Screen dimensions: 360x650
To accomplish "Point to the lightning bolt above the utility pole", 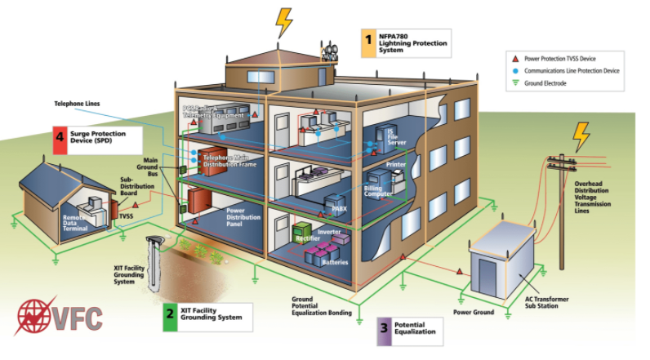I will click(581, 136).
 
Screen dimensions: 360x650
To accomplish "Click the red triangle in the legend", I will click(514, 59).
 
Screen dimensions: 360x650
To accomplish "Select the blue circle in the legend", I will click(514, 71).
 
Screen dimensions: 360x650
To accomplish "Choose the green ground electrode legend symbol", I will click(514, 83).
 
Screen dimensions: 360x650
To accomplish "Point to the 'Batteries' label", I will click(335, 262).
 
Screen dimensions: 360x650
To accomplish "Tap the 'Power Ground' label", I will click(474, 312).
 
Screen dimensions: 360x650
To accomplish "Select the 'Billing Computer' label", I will click(378, 192).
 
